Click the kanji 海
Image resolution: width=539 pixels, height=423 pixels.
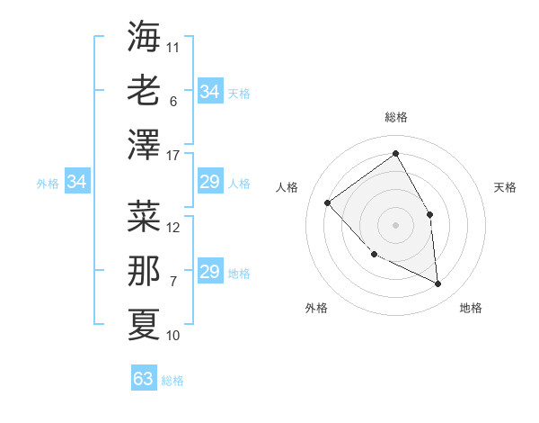[x=144, y=37]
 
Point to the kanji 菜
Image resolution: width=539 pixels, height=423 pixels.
[x=144, y=216]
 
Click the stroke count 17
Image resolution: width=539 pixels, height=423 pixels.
[x=174, y=156]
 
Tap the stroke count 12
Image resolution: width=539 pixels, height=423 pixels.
[x=174, y=228]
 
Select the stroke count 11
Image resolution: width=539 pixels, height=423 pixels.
[x=173, y=47]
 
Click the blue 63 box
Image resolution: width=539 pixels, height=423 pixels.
[x=144, y=379]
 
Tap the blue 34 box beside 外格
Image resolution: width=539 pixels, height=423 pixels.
[x=77, y=183]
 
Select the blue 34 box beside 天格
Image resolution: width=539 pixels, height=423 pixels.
[x=210, y=92]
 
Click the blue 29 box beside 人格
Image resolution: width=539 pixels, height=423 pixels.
[x=210, y=183]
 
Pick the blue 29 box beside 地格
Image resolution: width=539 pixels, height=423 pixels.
[x=210, y=273]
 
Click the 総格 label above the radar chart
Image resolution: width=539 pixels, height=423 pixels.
[x=395, y=117]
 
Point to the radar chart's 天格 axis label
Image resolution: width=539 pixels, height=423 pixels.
[x=506, y=187]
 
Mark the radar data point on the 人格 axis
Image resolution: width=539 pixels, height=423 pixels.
[x=328, y=202]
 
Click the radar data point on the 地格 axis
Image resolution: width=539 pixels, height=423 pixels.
[x=437, y=284]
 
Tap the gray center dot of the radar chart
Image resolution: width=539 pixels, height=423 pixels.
[x=395, y=224]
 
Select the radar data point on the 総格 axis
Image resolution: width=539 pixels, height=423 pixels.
[x=395, y=153]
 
